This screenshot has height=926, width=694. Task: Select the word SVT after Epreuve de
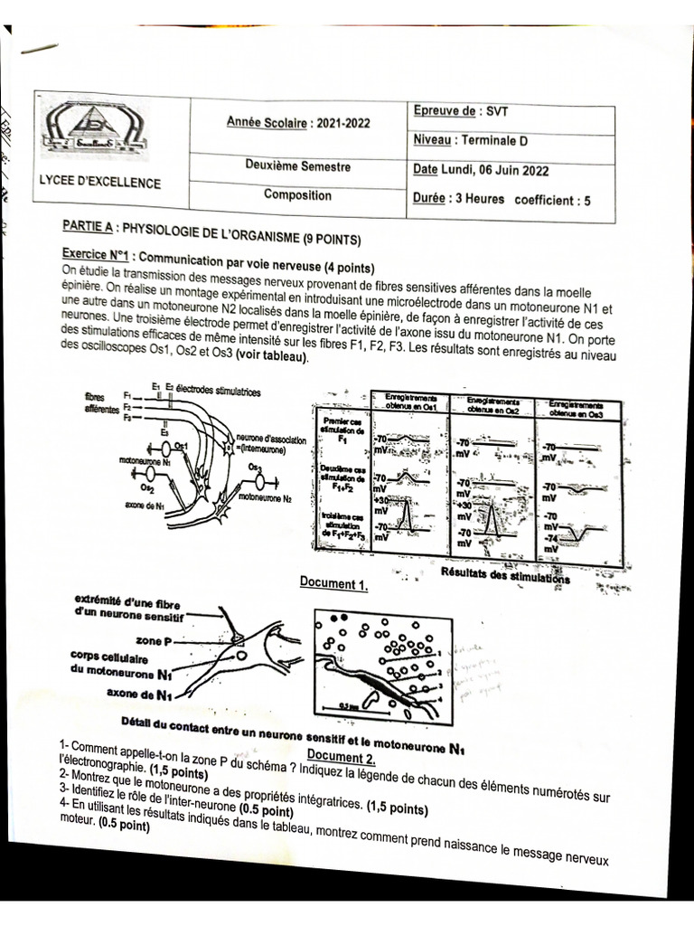(x=498, y=112)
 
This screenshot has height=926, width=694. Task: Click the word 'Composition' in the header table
(x=297, y=194)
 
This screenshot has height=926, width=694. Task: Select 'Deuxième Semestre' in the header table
(x=297, y=166)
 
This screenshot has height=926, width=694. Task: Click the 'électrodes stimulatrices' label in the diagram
(x=218, y=391)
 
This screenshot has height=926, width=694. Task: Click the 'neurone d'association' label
(x=270, y=439)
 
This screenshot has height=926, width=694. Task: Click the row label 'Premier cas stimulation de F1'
(x=342, y=431)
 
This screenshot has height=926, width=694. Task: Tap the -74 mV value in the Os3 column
(x=549, y=539)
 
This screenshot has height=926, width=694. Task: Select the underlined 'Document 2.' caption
(x=340, y=756)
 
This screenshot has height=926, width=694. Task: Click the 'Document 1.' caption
(x=333, y=584)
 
